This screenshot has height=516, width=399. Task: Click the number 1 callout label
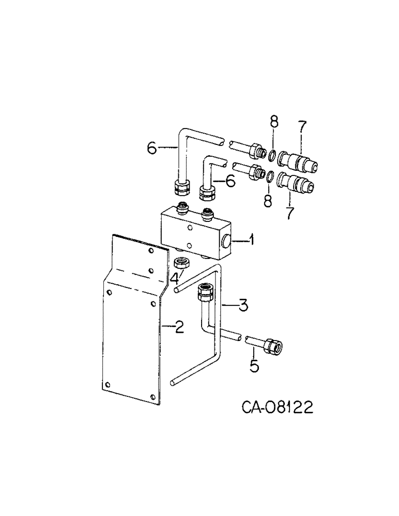pyautogui.click(x=251, y=239)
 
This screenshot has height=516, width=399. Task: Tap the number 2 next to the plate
pyautogui.click(x=178, y=327)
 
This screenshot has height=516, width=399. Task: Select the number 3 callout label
pyautogui.click(x=243, y=305)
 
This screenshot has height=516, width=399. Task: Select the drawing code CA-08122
pyautogui.click(x=277, y=408)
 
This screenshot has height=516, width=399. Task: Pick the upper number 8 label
pyautogui.click(x=274, y=123)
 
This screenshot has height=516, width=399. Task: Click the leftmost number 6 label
pyautogui.click(x=151, y=148)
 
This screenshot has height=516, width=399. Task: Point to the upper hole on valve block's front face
pyautogui.click(x=190, y=228)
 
